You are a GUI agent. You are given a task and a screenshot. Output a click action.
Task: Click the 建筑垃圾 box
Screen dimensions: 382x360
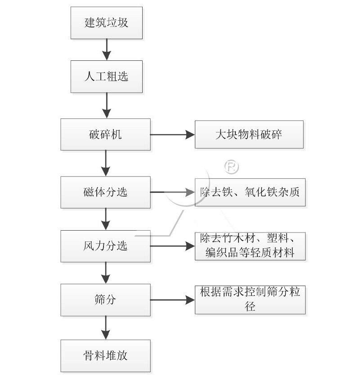point(107,23)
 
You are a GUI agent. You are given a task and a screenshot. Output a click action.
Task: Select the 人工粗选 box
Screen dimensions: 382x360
point(107,76)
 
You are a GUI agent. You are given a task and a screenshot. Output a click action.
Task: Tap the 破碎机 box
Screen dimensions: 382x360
point(106,134)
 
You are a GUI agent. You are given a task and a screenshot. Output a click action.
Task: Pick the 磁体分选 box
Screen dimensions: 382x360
point(106,192)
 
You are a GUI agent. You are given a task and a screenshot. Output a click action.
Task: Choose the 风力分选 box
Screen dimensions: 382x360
point(106,246)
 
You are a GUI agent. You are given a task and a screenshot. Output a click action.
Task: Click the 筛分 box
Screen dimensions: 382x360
point(106,300)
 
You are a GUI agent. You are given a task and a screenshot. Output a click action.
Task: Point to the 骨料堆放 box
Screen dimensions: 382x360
point(106,355)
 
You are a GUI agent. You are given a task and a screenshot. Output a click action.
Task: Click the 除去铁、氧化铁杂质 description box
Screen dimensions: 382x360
point(250,192)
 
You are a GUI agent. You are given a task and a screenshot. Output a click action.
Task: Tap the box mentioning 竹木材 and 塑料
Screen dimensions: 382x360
point(250,246)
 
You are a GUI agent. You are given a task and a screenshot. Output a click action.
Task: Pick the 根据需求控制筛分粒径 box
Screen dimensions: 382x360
point(250,300)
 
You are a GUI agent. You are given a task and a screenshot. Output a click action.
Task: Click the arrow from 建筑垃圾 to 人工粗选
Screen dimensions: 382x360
point(107,50)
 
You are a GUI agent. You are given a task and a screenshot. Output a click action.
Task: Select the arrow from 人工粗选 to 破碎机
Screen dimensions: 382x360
point(107,105)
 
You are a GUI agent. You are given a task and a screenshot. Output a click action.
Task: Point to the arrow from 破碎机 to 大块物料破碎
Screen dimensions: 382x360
point(172,134)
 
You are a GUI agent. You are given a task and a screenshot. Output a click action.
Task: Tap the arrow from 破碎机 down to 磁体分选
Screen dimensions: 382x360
point(106,163)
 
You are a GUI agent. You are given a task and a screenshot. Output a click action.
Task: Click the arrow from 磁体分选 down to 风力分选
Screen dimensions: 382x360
point(106,219)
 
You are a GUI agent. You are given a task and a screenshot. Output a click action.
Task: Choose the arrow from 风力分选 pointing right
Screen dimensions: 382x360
point(172,246)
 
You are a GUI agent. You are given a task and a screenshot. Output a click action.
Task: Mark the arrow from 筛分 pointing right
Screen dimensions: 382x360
point(172,300)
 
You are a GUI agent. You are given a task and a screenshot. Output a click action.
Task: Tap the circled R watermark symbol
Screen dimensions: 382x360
point(232,167)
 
